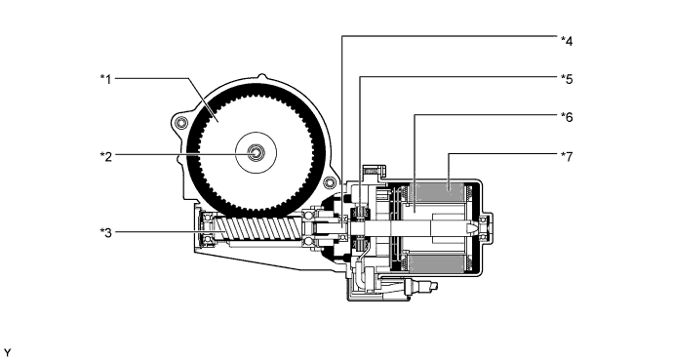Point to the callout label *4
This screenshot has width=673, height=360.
(x=567, y=41)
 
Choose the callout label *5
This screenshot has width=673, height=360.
(x=567, y=77)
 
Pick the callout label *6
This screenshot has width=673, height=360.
(x=567, y=114)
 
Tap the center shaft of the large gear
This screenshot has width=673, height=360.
(x=257, y=152)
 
